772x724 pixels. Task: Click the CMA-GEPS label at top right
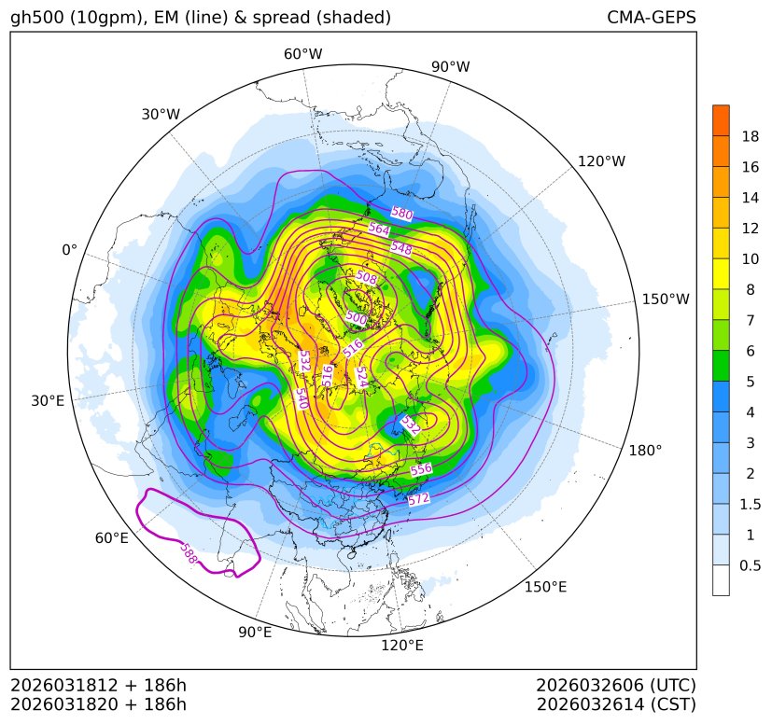pyautogui.click(x=651, y=18)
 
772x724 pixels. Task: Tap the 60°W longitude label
pyautogui.click(x=302, y=54)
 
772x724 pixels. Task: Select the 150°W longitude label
pyautogui.click(x=666, y=299)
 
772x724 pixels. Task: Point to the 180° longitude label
pyautogui.click(x=645, y=450)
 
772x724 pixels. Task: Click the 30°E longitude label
pyautogui.click(x=48, y=401)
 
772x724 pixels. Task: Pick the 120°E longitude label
pyautogui.click(x=402, y=645)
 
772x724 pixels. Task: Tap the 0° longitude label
pyautogui.click(x=69, y=250)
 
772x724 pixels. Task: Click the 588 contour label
pyautogui.click(x=189, y=552)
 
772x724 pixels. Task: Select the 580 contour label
pyautogui.click(x=401, y=214)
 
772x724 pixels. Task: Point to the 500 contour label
pyautogui.click(x=357, y=318)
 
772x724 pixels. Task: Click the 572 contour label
pyautogui.click(x=419, y=499)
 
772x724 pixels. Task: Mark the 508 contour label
pyautogui.click(x=367, y=277)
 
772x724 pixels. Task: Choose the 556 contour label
pyautogui.click(x=421, y=469)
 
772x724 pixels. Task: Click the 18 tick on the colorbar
pyautogui.click(x=750, y=136)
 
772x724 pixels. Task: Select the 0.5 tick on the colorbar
pyautogui.click(x=750, y=565)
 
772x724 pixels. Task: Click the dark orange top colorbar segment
pyautogui.click(x=721, y=120)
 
